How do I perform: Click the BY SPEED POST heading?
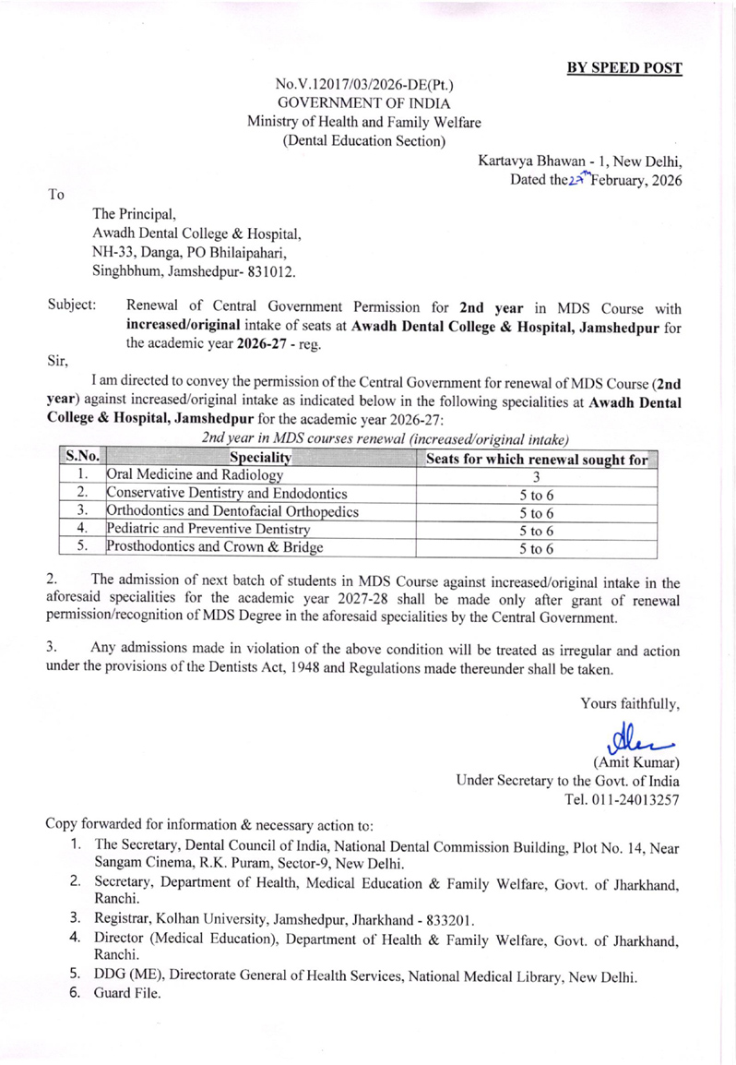pos(624,68)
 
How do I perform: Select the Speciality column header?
pos(263,457)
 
